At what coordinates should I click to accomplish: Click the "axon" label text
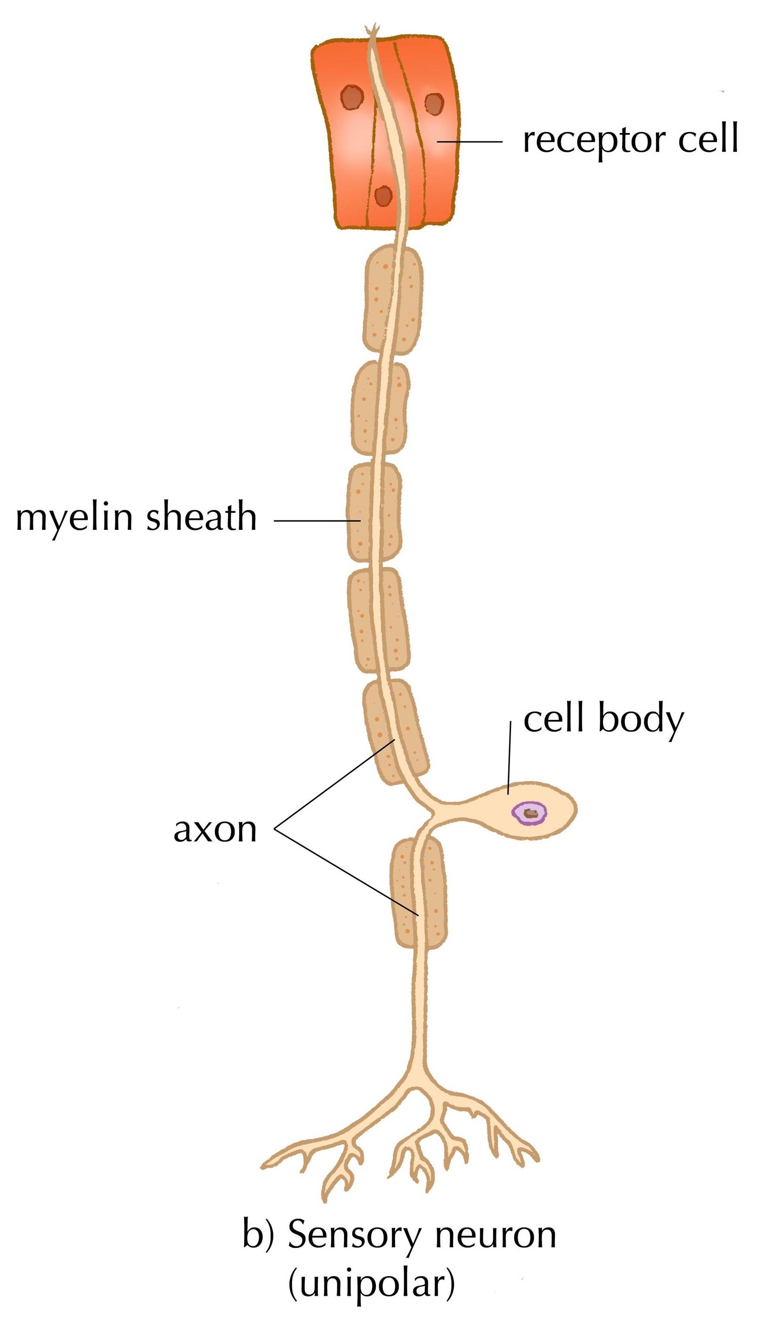click(x=215, y=830)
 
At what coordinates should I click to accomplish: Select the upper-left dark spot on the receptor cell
click(x=352, y=98)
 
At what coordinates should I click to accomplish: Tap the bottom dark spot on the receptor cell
click(x=383, y=196)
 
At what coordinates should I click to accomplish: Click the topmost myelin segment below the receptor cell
click(x=393, y=300)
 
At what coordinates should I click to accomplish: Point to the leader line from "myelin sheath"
click(x=316, y=521)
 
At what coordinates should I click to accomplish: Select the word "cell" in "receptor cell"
click(x=708, y=140)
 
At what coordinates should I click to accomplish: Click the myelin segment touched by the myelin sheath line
click(x=374, y=513)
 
